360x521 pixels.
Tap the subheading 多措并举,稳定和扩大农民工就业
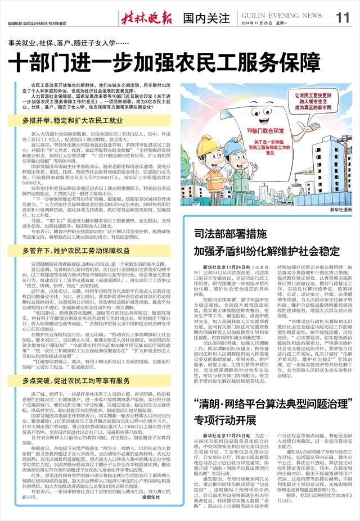[73, 120]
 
